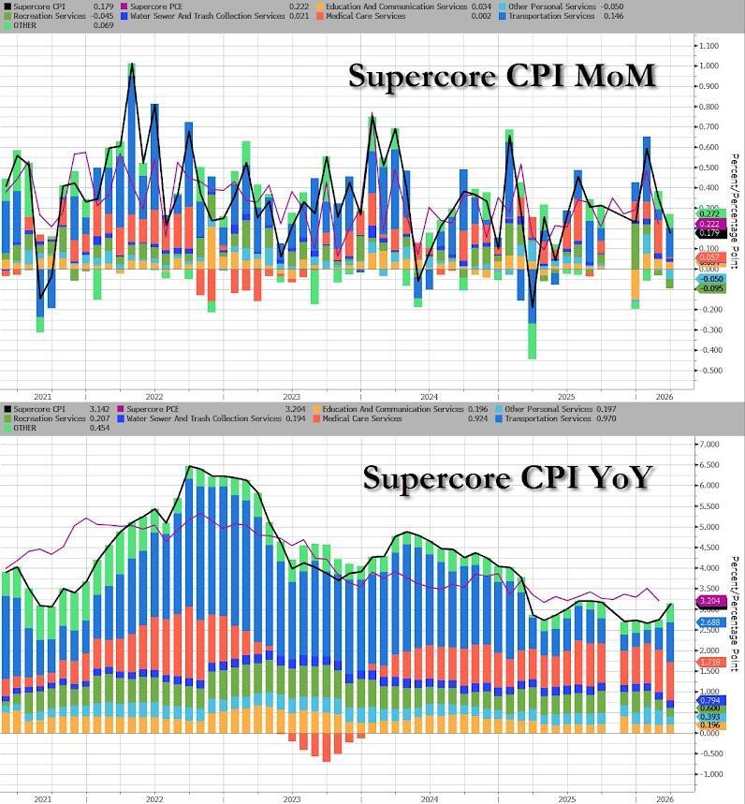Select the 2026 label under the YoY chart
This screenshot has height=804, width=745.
pyautogui.click(x=664, y=798)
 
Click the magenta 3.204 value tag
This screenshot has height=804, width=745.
pyautogui.click(x=710, y=601)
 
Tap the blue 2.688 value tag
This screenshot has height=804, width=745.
pyautogui.click(x=710, y=621)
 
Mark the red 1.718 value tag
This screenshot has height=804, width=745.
pyautogui.click(x=710, y=662)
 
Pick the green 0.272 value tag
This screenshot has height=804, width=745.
pyautogui.click(x=710, y=215)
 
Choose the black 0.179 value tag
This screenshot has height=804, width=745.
pyautogui.click(x=710, y=232)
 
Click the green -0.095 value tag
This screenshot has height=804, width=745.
pyautogui.click(x=710, y=288)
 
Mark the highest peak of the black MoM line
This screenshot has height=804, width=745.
pyautogui.click(x=132, y=65)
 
